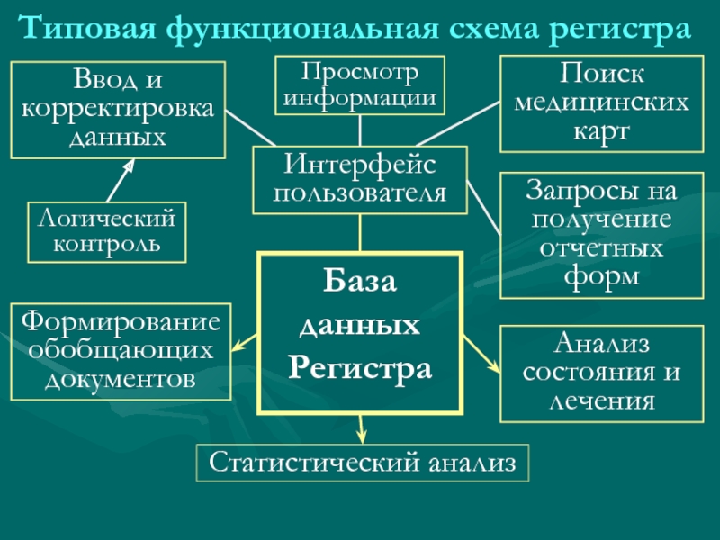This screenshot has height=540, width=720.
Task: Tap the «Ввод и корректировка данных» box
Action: (x=117, y=109)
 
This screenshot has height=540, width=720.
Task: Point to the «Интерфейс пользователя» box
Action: (x=360, y=180)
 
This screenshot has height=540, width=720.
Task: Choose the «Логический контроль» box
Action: (x=106, y=231)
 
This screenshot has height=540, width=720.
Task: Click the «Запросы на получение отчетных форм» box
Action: (x=602, y=235)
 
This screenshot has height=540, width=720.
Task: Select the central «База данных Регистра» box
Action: (x=360, y=330)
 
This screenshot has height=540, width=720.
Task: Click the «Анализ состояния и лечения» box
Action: (x=602, y=373)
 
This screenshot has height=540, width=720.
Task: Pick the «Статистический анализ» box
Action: (x=363, y=463)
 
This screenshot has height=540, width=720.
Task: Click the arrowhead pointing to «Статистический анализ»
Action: (x=362, y=434)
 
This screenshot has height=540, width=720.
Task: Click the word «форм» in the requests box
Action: (x=601, y=275)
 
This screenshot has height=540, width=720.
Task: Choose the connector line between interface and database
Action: (x=360, y=233)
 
